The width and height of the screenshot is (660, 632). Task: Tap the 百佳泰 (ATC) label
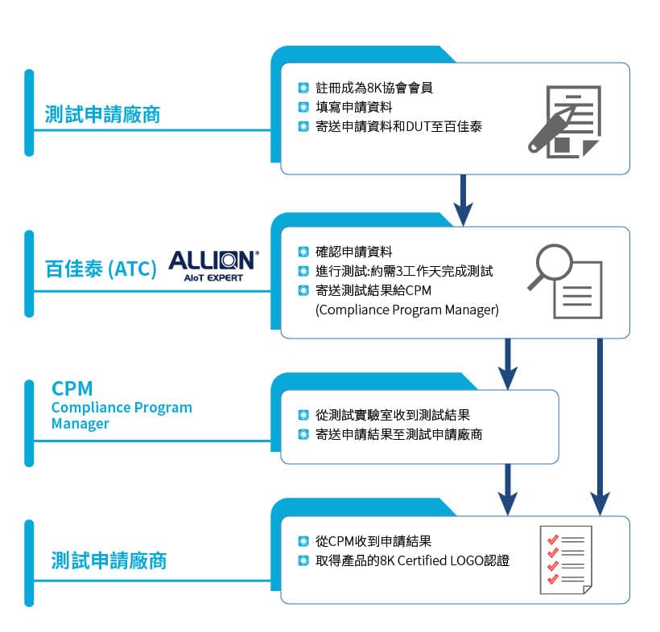tap(101, 269)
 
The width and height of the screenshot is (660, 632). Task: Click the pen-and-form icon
tap(563, 121)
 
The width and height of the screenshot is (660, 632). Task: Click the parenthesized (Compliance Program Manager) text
tap(407, 310)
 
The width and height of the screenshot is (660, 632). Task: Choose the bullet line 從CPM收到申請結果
tap(374, 540)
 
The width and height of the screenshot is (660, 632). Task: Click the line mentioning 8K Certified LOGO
tap(413, 560)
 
